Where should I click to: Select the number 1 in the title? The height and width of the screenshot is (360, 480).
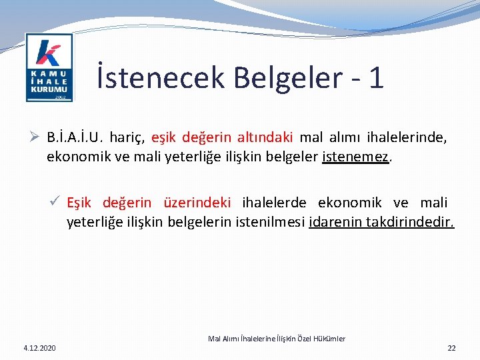(x=376, y=77)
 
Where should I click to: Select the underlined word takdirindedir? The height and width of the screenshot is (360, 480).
(x=410, y=222)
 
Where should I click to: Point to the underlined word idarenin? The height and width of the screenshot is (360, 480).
(x=336, y=222)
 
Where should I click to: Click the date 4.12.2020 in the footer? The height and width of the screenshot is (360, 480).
(x=40, y=348)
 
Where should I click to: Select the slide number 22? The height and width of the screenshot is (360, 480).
(x=451, y=348)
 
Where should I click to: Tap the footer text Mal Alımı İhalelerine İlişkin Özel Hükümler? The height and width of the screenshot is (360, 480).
(x=277, y=339)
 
